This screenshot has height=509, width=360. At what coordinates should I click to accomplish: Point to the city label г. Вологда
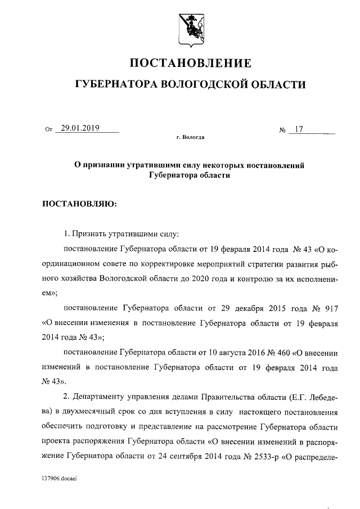coord(190,137)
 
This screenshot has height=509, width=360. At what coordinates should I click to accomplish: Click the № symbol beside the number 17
coord(283,130)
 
